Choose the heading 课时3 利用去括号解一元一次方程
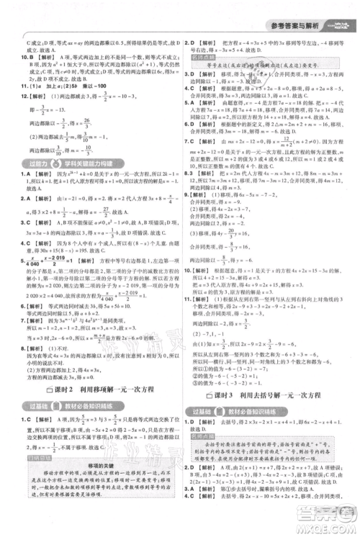click(x=273, y=396)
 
